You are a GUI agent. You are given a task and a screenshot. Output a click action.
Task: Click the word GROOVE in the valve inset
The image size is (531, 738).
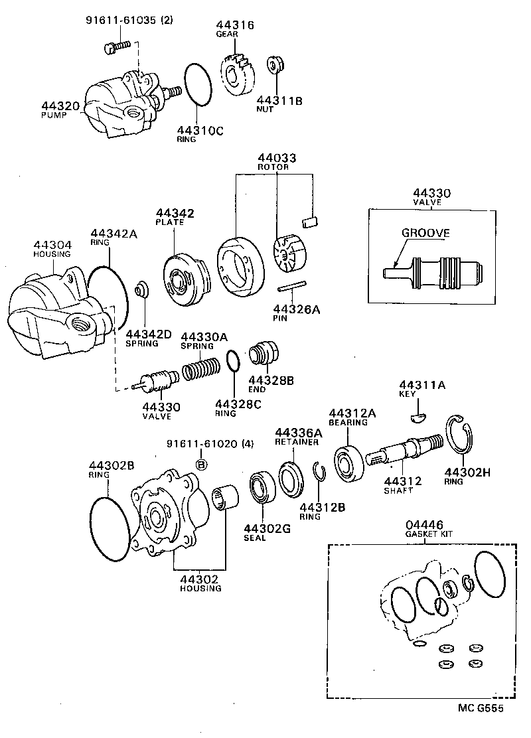click(x=425, y=233)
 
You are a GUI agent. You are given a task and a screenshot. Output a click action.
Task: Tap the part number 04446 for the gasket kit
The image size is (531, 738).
click(x=425, y=525)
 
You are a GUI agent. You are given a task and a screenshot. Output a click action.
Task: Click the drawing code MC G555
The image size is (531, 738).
click(x=481, y=709)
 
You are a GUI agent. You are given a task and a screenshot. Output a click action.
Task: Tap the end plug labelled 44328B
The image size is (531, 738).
click(x=265, y=354)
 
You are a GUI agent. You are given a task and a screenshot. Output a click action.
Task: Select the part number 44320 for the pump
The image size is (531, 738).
click(x=60, y=106)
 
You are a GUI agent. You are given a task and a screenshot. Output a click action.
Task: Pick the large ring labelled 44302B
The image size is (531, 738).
click(x=110, y=524)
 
